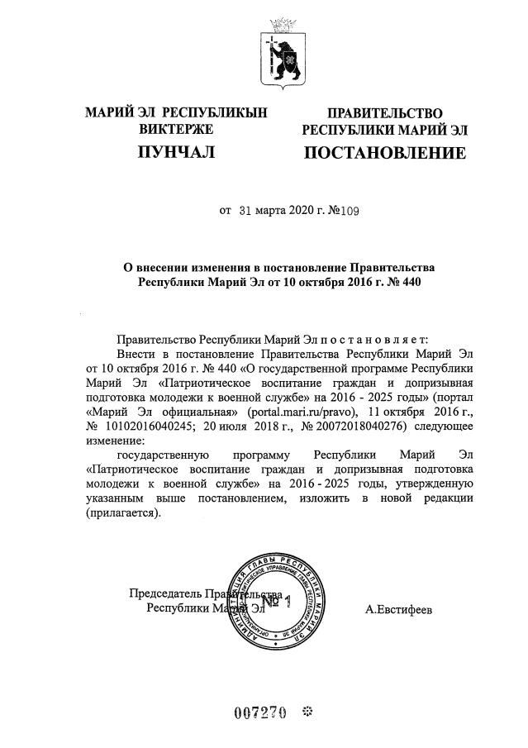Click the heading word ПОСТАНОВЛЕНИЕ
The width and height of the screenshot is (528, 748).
[384, 153]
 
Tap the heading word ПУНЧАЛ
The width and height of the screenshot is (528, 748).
[176, 153]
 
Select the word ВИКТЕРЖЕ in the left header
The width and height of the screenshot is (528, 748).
[176, 129]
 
